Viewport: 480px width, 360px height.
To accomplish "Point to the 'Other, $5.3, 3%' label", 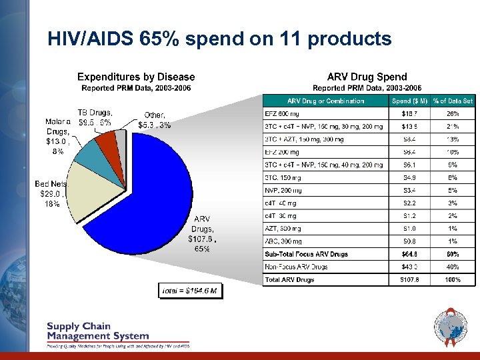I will (154, 120).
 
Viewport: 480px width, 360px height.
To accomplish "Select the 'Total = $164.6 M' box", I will (191, 291).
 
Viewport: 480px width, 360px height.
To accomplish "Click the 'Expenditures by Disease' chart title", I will (136, 77).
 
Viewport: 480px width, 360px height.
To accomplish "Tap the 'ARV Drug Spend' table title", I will (367, 77).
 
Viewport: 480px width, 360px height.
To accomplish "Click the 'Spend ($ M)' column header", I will (409, 101).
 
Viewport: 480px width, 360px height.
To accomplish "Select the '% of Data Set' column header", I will (453, 101).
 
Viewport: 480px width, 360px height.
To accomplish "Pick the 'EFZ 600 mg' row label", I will (283, 114).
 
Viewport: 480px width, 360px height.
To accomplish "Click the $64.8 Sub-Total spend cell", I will (409, 254).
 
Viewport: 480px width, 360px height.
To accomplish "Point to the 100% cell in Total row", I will (453, 279).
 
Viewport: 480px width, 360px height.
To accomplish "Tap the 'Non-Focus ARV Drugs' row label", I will (297, 267).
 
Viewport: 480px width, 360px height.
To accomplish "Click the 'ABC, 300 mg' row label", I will (284, 241).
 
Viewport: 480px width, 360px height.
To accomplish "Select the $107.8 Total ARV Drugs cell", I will (409, 279).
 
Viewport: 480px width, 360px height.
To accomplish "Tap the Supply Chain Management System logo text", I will (97, 331).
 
